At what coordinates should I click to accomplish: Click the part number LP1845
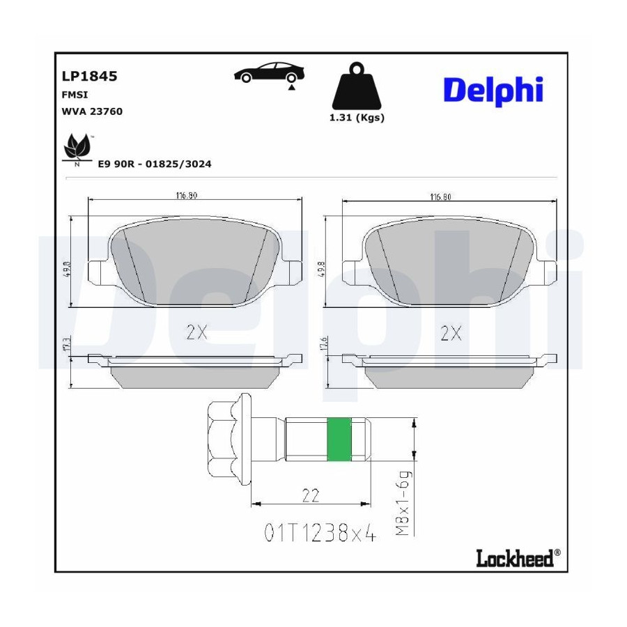coord(89,76)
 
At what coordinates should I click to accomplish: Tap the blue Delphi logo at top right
coord(493,91)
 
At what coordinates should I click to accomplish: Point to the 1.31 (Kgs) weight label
coord(357,118)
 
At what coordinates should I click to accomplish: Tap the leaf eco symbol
coord(77,150)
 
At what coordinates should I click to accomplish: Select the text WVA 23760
coord(92,111)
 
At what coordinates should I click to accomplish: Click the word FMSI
coord(75,95)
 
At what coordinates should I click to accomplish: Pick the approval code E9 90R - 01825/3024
coord(155,164)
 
